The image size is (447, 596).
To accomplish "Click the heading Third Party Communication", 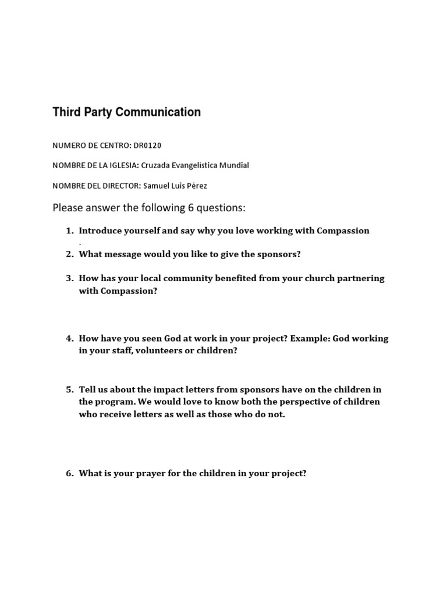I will point(126,112).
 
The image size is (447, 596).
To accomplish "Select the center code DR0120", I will point(148,145).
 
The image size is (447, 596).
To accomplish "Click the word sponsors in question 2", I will point(279,254).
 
